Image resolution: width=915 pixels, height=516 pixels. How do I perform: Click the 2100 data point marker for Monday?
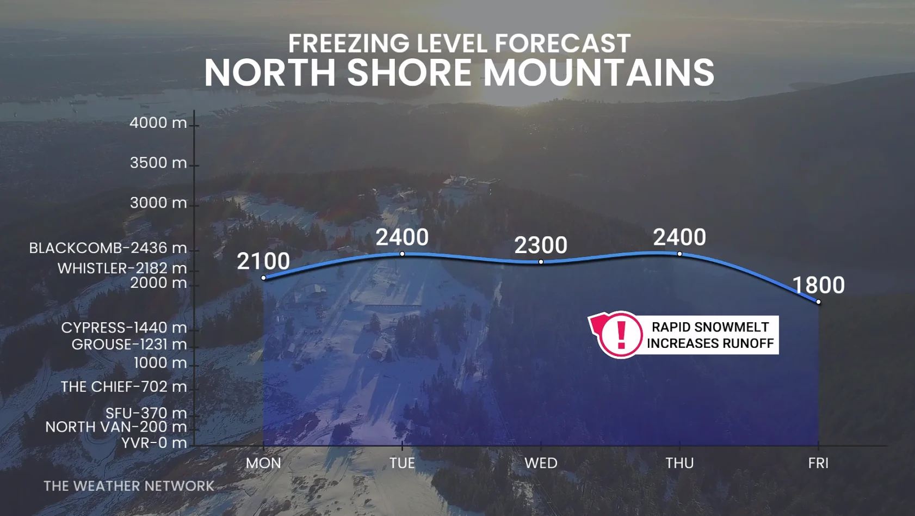click(x=264, y=278)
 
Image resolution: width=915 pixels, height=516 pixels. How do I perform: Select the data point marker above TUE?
click(x=402, y=254)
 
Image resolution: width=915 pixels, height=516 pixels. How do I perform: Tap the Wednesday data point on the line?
click(x=541, y=262)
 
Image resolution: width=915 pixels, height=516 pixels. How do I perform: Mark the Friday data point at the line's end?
click(x=818, y=302)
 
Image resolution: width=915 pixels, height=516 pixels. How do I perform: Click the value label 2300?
click(x=541, y=245)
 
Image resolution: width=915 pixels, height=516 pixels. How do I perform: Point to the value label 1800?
click(x=818, y=285)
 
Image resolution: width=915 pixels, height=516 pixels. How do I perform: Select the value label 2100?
click(x=263, y=261)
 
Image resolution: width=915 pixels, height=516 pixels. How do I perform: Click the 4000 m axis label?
click(x=158, y=123)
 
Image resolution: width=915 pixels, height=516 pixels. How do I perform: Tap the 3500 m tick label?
click(x=158, y=163)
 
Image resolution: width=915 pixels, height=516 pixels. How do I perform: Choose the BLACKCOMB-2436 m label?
click(x=108, y=248)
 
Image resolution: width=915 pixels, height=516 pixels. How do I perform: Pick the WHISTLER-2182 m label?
click(x=122, y=268)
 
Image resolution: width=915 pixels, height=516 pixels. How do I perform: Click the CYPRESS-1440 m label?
click(x=123, y=328)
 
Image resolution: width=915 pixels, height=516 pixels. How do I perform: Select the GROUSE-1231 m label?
click(x=129, y=345)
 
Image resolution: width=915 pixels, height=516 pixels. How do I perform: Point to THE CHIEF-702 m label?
click(x=123, y=386)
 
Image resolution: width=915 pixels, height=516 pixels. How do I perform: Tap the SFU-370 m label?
click(x=146, y=413)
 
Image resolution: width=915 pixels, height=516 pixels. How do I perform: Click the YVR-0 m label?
click(x=154, y=443)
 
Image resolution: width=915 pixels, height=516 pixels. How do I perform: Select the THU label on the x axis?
click(x=679, y=463)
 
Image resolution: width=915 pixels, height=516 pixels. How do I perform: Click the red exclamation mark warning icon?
click(x=621, y=334)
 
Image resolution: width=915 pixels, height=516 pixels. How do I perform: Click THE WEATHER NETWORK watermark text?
click(x=129, y=486)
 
